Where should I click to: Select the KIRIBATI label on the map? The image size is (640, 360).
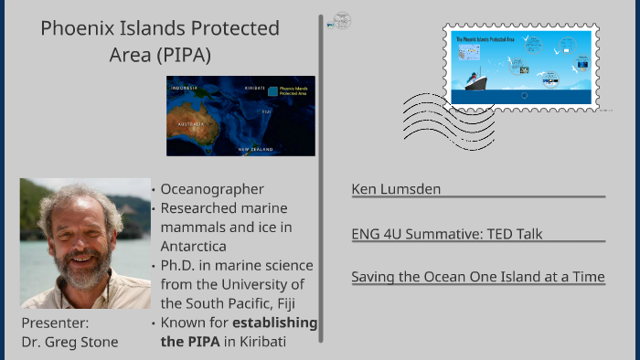click(253, 89)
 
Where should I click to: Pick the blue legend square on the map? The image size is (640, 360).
click(272, 91)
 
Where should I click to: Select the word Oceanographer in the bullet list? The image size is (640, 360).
click(211, 189)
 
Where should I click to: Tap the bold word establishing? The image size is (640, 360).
click(274, 323)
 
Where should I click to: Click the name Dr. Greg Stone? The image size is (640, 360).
click(69, 342)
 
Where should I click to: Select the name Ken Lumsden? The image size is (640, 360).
click(396, 189)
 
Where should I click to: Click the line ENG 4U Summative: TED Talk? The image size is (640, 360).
click(446, 234)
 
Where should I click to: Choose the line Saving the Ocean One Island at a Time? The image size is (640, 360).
click(477, 278)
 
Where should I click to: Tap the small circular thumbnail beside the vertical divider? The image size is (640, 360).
click(342, 20)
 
